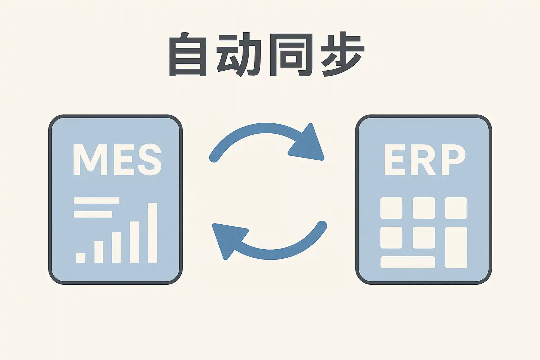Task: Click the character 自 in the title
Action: [188, 55]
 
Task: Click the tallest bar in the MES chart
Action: [152, 233]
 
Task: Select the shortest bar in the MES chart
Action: [81, 257]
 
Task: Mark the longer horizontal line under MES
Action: [97, 200]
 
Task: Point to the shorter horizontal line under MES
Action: [93, 214]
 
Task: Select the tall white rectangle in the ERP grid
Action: [456, 247]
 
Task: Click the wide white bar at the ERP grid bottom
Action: [407, 262]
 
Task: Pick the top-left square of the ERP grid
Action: [391, 208]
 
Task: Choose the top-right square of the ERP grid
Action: [456, 208]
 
